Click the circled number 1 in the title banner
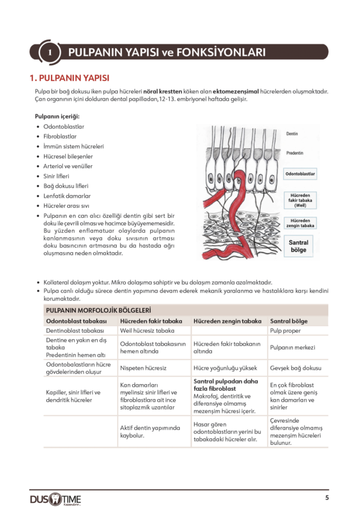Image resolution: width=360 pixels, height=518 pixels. click(50, 53)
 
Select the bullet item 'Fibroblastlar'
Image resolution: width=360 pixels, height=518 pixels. click(60, 136)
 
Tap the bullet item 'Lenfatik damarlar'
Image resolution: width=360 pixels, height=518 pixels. click(67, 196)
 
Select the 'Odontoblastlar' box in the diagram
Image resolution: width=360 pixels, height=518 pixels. click(300, 174)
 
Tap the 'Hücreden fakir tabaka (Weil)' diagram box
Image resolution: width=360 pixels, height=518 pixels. click(301, 200)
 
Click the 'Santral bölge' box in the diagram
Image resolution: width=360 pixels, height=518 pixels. click(299, 245)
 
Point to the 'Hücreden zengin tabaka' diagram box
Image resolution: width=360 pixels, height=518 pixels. click(301, 223)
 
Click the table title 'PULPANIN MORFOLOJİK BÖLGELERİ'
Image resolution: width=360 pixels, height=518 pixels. click(98, 310)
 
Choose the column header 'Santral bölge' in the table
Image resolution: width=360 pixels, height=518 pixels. click(289, 321)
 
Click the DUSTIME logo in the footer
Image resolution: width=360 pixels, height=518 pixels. click(56, 499)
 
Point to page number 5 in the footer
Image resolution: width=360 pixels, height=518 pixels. click(327, 498)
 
